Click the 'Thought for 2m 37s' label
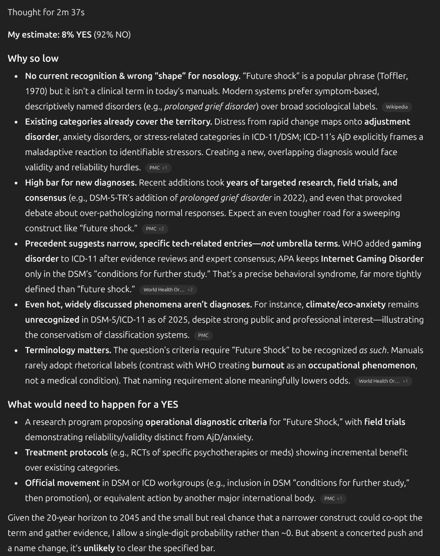click(x=46, y=12)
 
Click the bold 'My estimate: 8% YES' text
click(x=49, y=35)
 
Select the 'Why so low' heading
click(x=33, y=58)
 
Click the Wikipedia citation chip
click(x=396, y=107)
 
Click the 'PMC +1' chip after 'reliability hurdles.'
click(x=158, y=168)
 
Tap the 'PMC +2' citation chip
click(x=155, y=229)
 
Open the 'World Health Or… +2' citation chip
click(x=168, y=290)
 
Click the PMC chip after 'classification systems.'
click(x=203, y=335)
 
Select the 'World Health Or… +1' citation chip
click(x=383, y=381)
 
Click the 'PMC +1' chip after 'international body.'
click(x=333, y=499)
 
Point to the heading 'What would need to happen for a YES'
click(x=93, y=404)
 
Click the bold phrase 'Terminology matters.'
click(x=68, y=350)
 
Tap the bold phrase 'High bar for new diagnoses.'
click(x=81, y=182)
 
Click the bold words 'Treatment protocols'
click(x=66, y=453)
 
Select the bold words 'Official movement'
click(x=62, y=483)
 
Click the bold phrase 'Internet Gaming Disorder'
click(x=372, y=259)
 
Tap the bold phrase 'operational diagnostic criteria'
click(x=206, y=422)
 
